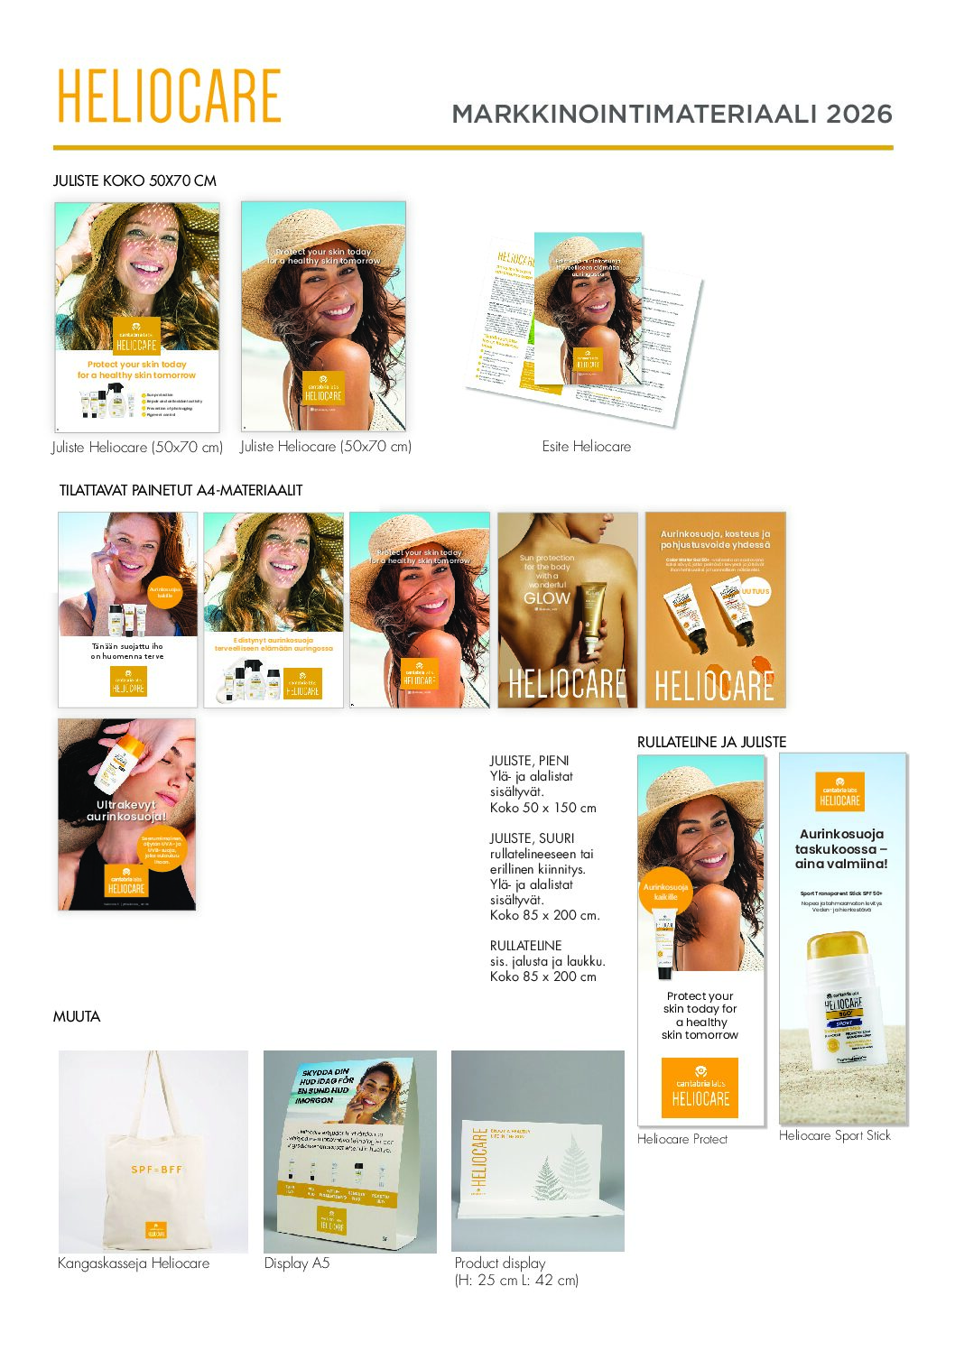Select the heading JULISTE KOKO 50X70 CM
tap(134, 180)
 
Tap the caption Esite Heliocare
tap(586, 446)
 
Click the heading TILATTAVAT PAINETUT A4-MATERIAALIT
tap(181, 490)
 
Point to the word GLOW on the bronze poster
tap(547, 597)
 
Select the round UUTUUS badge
tap(755, 592)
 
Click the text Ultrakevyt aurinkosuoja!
tap(126, 810)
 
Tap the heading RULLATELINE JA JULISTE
tap(711, 742)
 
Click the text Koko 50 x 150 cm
tap(542, 808)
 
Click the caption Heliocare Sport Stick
tap(834, 1135)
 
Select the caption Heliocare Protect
tap(681, 1139)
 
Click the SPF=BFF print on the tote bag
tap(156, 1170)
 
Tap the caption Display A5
tap(297, 1263)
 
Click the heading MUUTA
tap(77, 1016)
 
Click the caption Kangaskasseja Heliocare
tap(134, 1263)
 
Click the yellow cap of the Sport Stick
tap(838, 948)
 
